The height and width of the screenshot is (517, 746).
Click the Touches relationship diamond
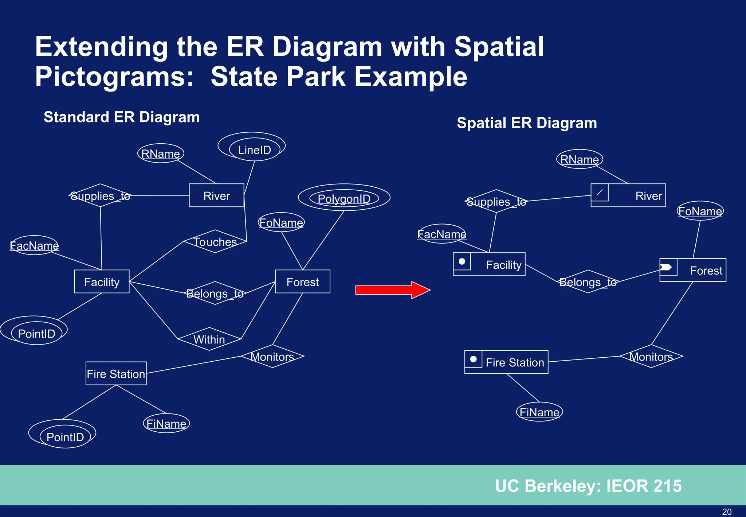point(215,242)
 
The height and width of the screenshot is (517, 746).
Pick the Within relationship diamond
point(209,339)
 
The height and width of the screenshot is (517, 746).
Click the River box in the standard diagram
point(216,196)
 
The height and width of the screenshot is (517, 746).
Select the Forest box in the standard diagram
point(302,282)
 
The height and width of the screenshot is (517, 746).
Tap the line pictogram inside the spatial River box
point(600,193)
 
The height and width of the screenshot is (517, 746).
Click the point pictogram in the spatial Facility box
point(462,261)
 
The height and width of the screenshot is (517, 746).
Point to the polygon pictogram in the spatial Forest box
point(667,267)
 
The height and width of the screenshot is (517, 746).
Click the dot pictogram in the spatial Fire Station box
point(473,359)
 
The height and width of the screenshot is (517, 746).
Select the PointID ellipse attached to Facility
point(36,333)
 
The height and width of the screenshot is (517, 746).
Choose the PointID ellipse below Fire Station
point(65,437)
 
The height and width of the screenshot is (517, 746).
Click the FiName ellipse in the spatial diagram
point(539,412)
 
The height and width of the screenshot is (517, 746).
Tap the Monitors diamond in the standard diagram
point(272,356)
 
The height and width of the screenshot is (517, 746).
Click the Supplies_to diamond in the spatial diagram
point(496,201)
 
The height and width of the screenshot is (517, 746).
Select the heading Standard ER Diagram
point(122,117)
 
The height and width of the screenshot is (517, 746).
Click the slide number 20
point(727,512)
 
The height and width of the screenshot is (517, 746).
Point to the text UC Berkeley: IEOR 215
point(588,486)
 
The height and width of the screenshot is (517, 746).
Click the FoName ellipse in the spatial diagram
point(700,211)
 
